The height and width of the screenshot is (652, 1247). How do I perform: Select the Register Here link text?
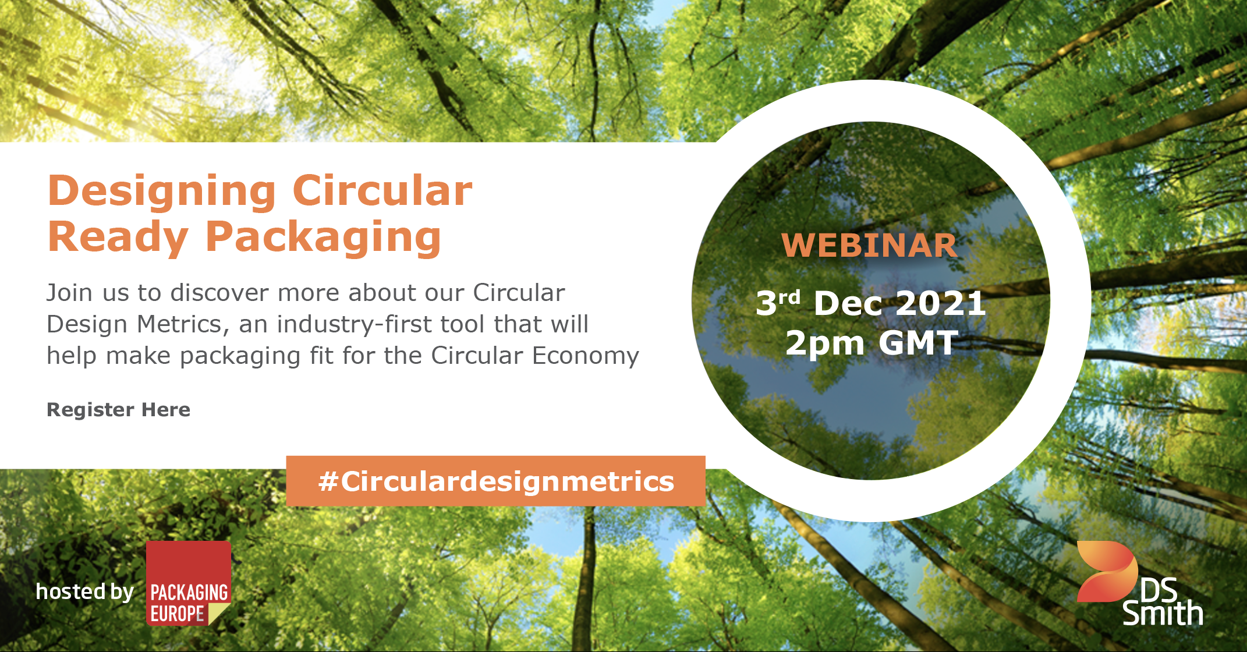pyautogui.click(x=118, y=410)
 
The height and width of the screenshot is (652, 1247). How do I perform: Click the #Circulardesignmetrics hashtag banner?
pyautogui.click(x=496, y=481)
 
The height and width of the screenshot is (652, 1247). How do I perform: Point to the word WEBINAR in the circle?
pyautogui.click(x=869, y=245)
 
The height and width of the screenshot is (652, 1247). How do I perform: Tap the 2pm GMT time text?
pyautogui.click(x=872, y=342)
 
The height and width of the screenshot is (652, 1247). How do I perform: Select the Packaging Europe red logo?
pyautogui.click(x=189, y=583)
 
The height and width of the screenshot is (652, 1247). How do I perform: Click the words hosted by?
pyautogui.click(x=85, y=591)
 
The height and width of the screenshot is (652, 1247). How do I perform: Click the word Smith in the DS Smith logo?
pyautogui.click(x=1163, y=614)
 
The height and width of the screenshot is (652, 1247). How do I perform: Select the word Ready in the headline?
pyautogui.click(x=118, y=238)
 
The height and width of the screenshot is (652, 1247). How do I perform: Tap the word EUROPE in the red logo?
pyautogui.click(x=177, y=614)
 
